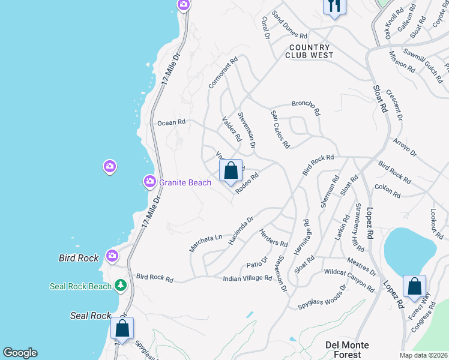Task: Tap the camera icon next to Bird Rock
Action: click(x=112, y=256)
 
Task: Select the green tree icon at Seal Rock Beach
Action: click(x=121, y=284)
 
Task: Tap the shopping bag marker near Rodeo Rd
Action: click(x=231, y=171)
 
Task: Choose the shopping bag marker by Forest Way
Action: click(x=414, y=287)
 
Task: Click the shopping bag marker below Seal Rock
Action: click(x=122, y=328)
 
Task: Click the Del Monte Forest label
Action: click(x=347, y=350)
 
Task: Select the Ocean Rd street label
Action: click(x=171, y=122)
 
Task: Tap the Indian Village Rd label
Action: click(x=247, y=278)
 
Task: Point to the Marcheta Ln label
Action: click(x=206, y=243)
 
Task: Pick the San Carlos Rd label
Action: click(x=280, y=129)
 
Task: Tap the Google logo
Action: click(x=20, y=353)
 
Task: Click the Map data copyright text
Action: click(x=424, y=355)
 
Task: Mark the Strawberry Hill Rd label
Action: click(x=360, y=228)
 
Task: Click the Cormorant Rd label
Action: click(x=223, y=73)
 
